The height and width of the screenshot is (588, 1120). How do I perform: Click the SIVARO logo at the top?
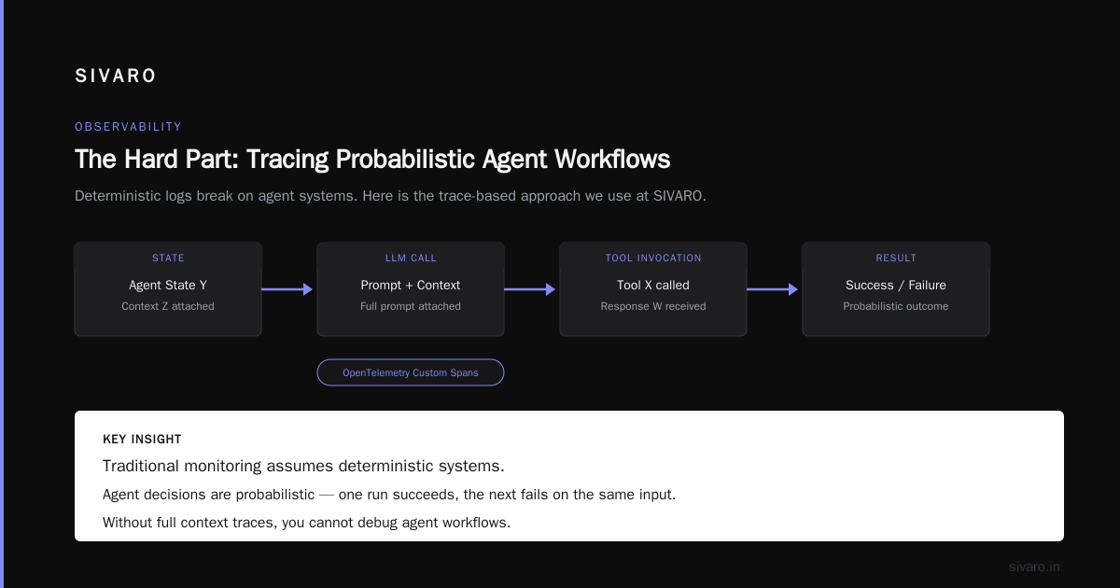click(115, 76)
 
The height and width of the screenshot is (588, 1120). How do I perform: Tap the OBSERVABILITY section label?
click(128, 127)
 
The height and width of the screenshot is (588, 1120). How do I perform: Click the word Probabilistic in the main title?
click(405, 160)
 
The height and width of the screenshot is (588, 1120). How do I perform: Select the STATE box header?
click(168, 258)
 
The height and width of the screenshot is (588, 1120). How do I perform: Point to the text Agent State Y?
click(168, 285)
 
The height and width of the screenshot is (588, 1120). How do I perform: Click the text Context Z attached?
click(168, 306)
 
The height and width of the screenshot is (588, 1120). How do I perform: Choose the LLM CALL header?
click(411, 258)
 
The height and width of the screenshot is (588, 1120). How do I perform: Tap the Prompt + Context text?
click(411, 285)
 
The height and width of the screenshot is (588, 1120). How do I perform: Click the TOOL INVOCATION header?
click(653, 258)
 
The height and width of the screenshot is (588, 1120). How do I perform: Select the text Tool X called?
click(653, 285)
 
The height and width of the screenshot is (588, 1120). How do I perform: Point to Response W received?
click(653, 306)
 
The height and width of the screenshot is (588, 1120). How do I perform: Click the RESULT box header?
click(895, 258)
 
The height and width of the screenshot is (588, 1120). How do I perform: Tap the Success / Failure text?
click(895, 285)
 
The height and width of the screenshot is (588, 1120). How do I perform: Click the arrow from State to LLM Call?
click(287, 289)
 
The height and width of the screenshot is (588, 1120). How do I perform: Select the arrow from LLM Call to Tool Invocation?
click(529, 289)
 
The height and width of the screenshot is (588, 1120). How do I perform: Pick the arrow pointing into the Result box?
click(772, 289)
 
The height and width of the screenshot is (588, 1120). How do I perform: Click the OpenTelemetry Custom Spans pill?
click(411, 372)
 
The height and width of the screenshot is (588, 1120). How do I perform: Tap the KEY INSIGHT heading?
click(142, 439)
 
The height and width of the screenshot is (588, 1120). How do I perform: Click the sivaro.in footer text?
click(1034, 567)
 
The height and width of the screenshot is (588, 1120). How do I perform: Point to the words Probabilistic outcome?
click(895, 306)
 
